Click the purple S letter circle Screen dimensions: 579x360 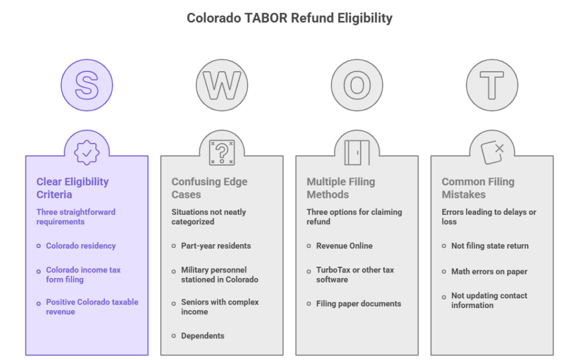[x=87, y=85]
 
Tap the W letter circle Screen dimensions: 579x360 [x=222, y=85]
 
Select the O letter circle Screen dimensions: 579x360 [x=357, y=85]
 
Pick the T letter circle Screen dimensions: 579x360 [x=492, y=85]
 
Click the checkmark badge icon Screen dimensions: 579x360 [x=87, y=153]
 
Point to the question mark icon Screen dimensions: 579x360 [x=222, y=153]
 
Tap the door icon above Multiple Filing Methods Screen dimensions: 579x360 [x=357, y=153]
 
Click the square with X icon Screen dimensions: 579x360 [x=492, y=153]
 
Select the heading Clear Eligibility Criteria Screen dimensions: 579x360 [x=73, y=188]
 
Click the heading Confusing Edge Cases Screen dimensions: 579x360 [x=209, y=188]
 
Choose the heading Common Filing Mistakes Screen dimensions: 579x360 [x=478, y=188]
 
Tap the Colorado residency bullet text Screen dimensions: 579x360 [x=81, y=245]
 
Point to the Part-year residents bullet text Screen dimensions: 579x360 [x=216, y=245]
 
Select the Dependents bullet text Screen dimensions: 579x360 [x=203, y=336]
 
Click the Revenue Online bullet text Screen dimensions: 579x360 [x=344, y=245]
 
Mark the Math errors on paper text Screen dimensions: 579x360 [x=489, y=271]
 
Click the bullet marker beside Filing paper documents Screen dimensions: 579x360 [x=309, y=303]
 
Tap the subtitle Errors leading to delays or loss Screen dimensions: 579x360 [x=489, y=217]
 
